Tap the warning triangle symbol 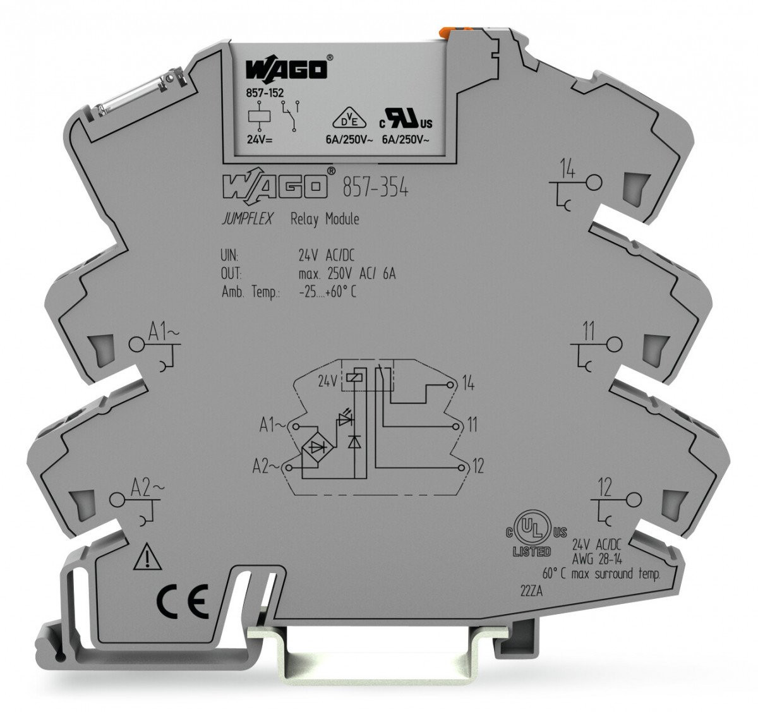point(146,558)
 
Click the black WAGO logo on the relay point(287,68)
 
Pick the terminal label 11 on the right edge point(588,332)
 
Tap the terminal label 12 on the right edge point(605,487)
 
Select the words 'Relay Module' point(324,219)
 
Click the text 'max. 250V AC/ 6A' point(351,274)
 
